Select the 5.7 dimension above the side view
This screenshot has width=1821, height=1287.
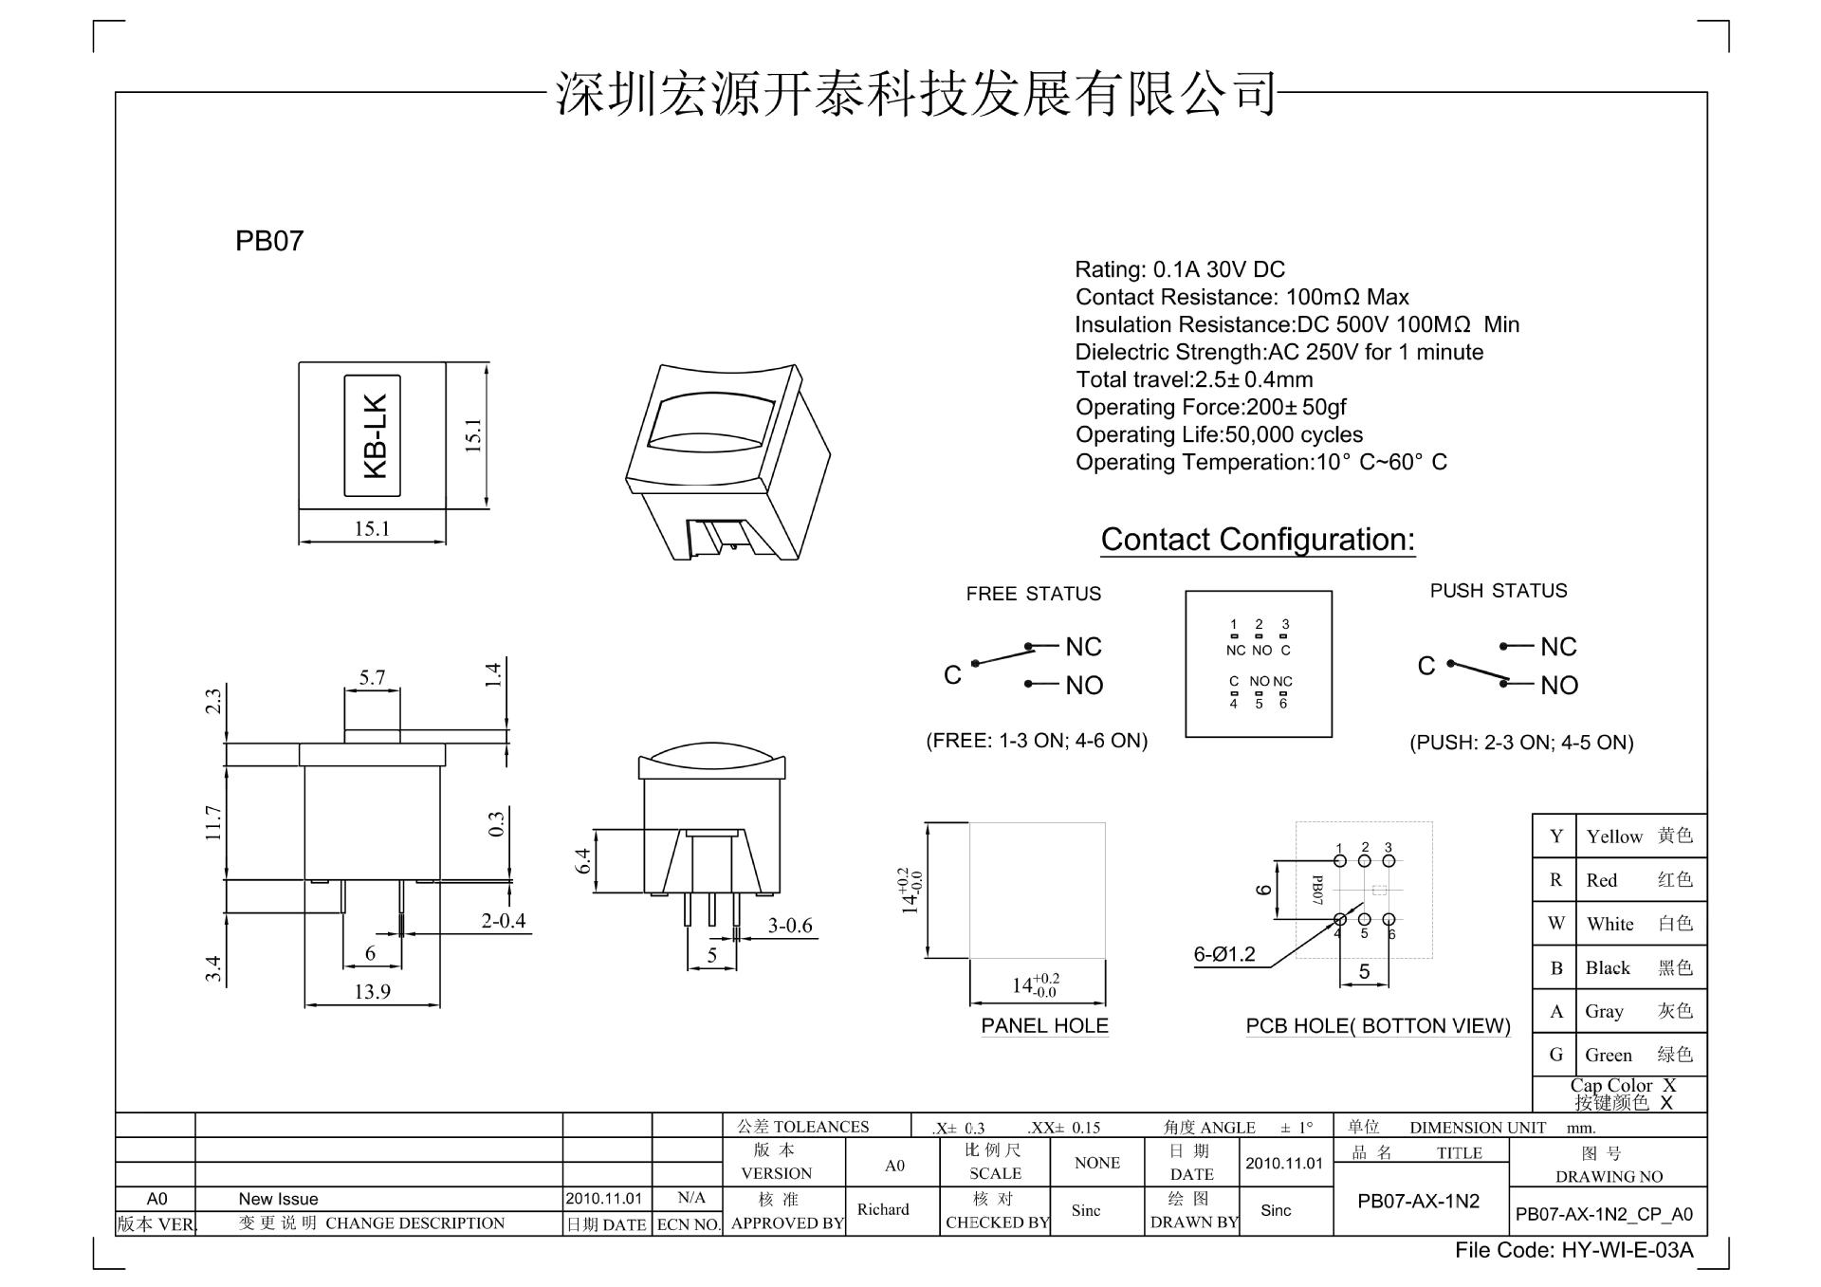(x=372, y=677)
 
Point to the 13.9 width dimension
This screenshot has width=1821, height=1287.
(x=372, y=991)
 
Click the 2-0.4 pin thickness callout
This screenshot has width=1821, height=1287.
(x=503, y=920)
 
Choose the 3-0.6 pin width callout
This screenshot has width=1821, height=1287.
(x=790, y=925)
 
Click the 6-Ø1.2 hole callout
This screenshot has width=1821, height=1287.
(x=1223, y=954)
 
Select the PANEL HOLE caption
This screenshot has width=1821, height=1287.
(x=1044, y=1025)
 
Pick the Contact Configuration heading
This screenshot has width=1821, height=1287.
(x=1258, y=540)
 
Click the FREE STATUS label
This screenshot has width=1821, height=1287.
(x=1034, y=594)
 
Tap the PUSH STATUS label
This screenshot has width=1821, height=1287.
(x=1499, y=591)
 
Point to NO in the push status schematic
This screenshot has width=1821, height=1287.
(x=1558, y=685)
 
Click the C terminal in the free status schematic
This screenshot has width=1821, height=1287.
(x=952, y=674)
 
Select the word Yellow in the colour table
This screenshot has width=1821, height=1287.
(x=1613, y=837)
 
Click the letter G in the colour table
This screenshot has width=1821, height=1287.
(x=1555, y=1055)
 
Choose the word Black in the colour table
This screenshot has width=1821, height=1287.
(x=1608, y=967)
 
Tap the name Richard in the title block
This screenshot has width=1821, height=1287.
(x=882, y=1209)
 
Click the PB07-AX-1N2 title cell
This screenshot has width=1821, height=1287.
(x=1418, y=1201)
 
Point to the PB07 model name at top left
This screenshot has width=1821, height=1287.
(x=269, y=241)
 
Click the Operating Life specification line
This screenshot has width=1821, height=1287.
(x=1219, y=434)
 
